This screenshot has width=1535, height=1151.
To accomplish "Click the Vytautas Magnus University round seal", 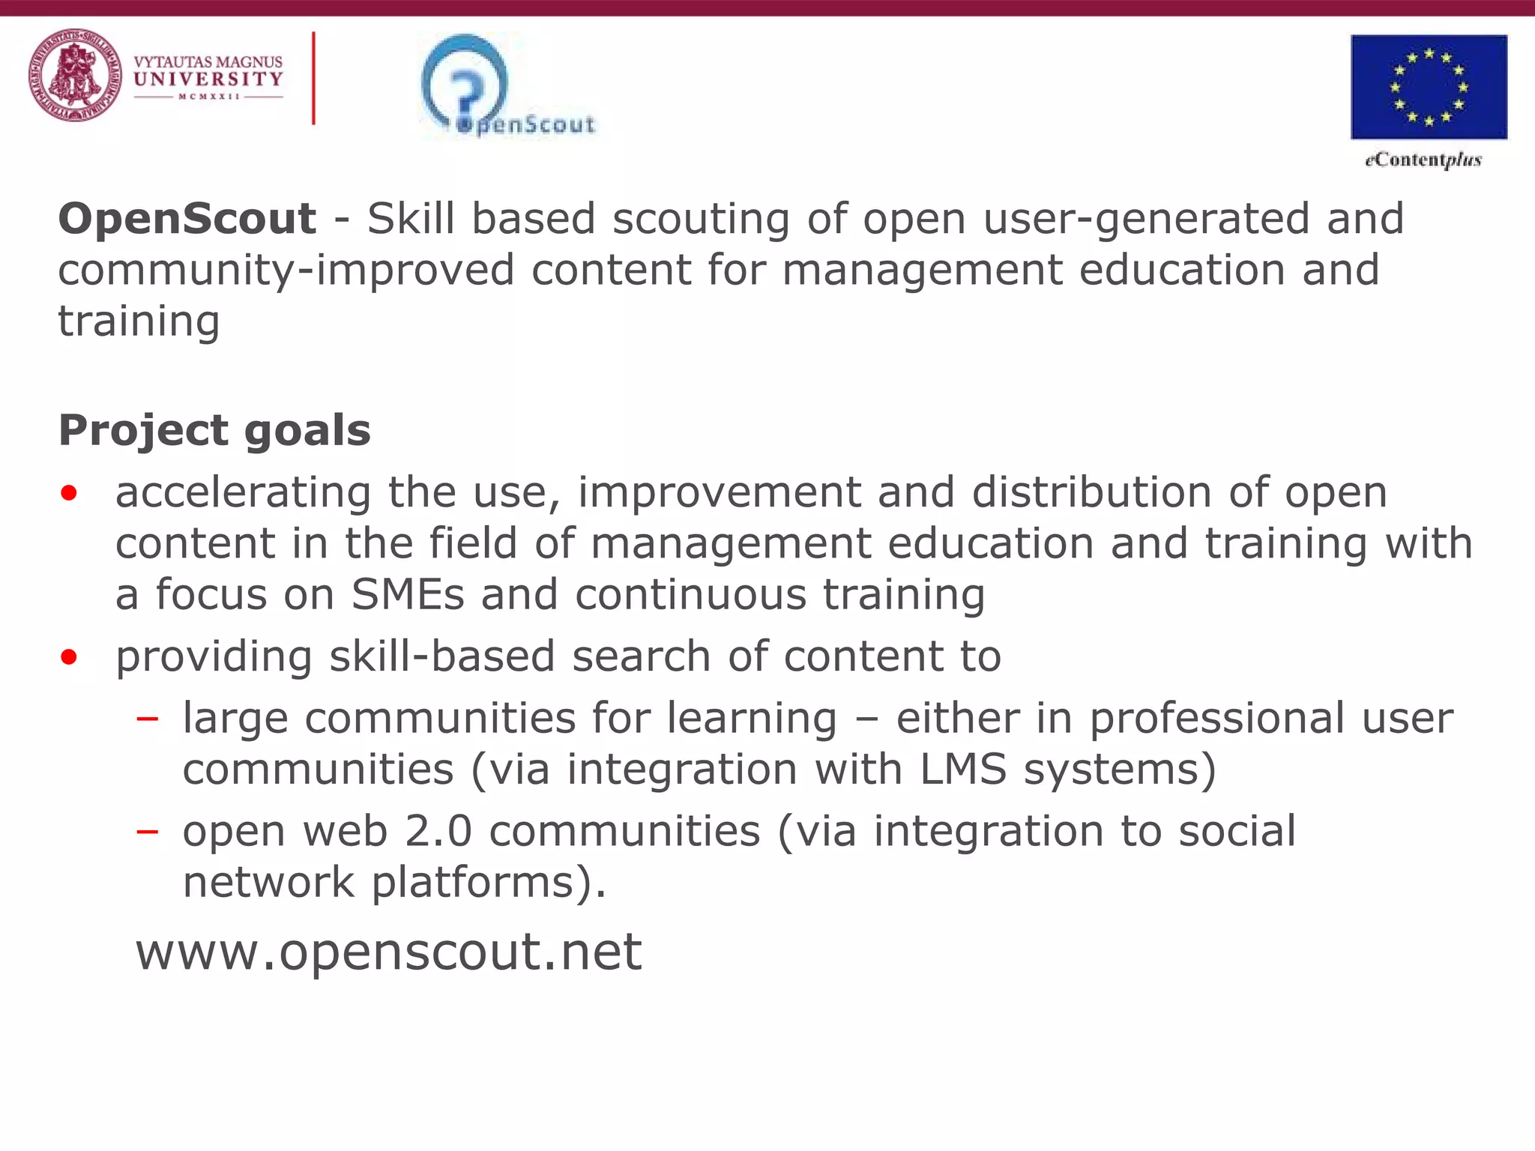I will [75, 76].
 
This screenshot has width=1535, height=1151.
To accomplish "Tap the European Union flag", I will [1429, 87].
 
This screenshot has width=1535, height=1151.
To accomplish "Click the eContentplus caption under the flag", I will [1423, 160].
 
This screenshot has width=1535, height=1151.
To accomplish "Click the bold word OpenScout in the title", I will [187, 219].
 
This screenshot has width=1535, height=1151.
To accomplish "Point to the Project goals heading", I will [214, 430].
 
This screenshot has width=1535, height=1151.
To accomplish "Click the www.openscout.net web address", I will [388, 952].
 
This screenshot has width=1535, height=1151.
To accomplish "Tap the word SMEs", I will [408, 594].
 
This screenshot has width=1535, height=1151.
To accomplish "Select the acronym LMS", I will [962, 769].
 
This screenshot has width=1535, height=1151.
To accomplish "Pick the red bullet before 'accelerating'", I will [69, 493].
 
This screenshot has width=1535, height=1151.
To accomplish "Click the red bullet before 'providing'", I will [69, 657].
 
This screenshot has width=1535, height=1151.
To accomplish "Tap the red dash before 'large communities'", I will [148, 719].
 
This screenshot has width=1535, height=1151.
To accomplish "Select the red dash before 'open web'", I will [148, 831].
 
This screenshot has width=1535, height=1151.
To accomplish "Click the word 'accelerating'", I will [243, 493].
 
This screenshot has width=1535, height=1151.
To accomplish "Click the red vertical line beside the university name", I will [313, 78].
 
